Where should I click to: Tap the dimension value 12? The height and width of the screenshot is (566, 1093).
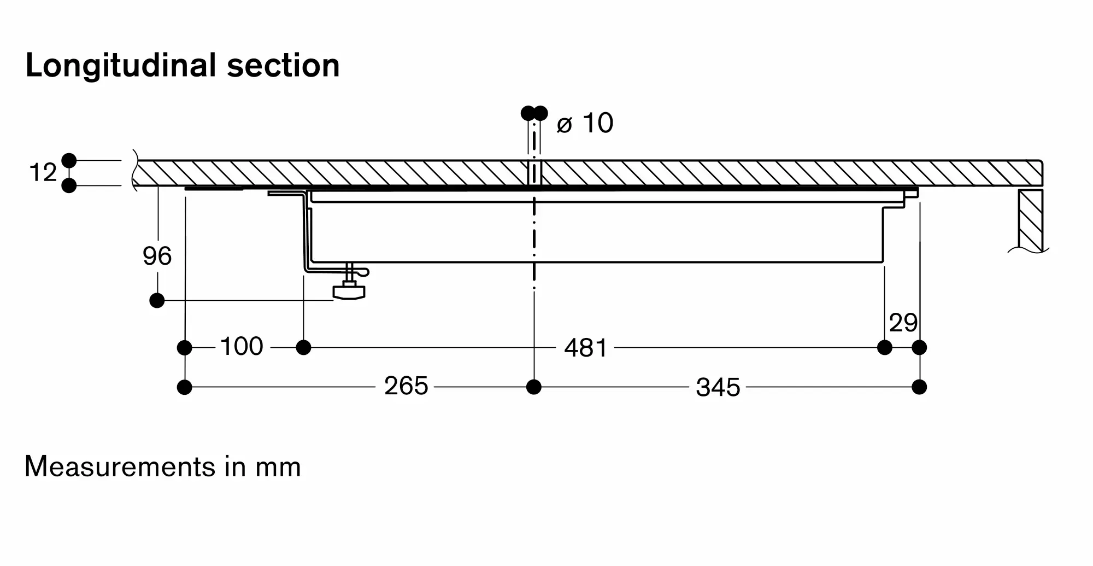click(x=43, y=173)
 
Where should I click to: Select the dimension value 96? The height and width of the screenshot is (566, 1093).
click(x=157, y=256)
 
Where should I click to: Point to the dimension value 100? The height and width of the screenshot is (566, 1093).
click(x=242, y=347)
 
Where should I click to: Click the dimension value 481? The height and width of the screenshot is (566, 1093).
click(x=585, y=348)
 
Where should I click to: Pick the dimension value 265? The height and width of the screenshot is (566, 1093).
click(x=406, y=386)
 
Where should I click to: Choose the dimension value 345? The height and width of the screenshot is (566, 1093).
click(x=718, y=388)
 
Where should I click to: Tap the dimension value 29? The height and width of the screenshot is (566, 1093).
click(x=903, y=323)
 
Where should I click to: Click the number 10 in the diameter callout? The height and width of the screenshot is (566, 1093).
click(x=597, y=123)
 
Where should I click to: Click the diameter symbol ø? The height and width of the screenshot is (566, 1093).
click(x=564, y=125)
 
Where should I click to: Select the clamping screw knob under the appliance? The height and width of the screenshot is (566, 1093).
click(x=349, y=291)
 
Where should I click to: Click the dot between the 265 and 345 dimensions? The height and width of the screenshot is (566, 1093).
click(x=534, y=387)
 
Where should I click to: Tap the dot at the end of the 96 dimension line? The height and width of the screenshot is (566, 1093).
click(x=157, y=300)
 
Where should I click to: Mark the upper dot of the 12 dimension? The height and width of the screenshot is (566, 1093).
click(x=69, y=160)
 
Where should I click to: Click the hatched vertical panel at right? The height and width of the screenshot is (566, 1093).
click(x=1030, y=220)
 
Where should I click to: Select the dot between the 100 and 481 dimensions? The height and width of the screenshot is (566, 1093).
click(x=303, y=347)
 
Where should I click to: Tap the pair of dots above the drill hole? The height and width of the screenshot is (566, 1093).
click(x=534, y=113)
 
